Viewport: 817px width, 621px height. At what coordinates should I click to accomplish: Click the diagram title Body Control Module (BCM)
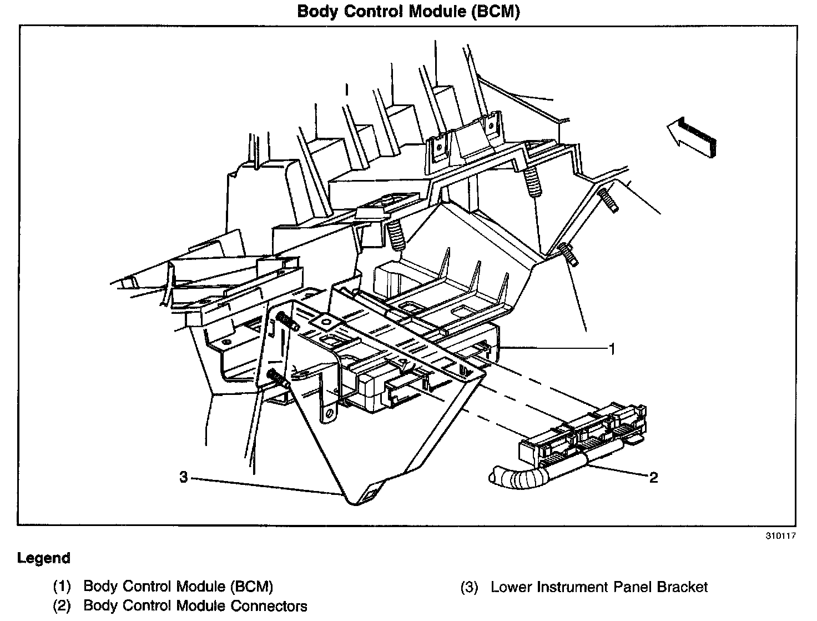point(408,12)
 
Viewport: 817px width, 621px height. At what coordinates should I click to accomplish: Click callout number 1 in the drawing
point(612,349)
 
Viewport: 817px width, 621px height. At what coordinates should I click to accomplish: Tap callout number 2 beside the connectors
point(653,477)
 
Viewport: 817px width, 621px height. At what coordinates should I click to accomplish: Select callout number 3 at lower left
point(184,477)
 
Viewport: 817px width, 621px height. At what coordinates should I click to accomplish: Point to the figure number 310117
point(781,537)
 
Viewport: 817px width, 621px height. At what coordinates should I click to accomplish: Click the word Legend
point(44,558)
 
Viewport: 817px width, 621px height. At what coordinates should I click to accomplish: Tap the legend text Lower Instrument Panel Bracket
point(599,587)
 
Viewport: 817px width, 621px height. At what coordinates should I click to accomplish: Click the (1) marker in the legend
point(62,587)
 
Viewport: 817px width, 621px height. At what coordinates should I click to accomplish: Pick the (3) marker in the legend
point(469,587)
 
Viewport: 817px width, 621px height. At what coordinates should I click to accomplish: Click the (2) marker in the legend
point(62,605)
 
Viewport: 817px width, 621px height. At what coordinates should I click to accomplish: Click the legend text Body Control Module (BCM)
point(178,587)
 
